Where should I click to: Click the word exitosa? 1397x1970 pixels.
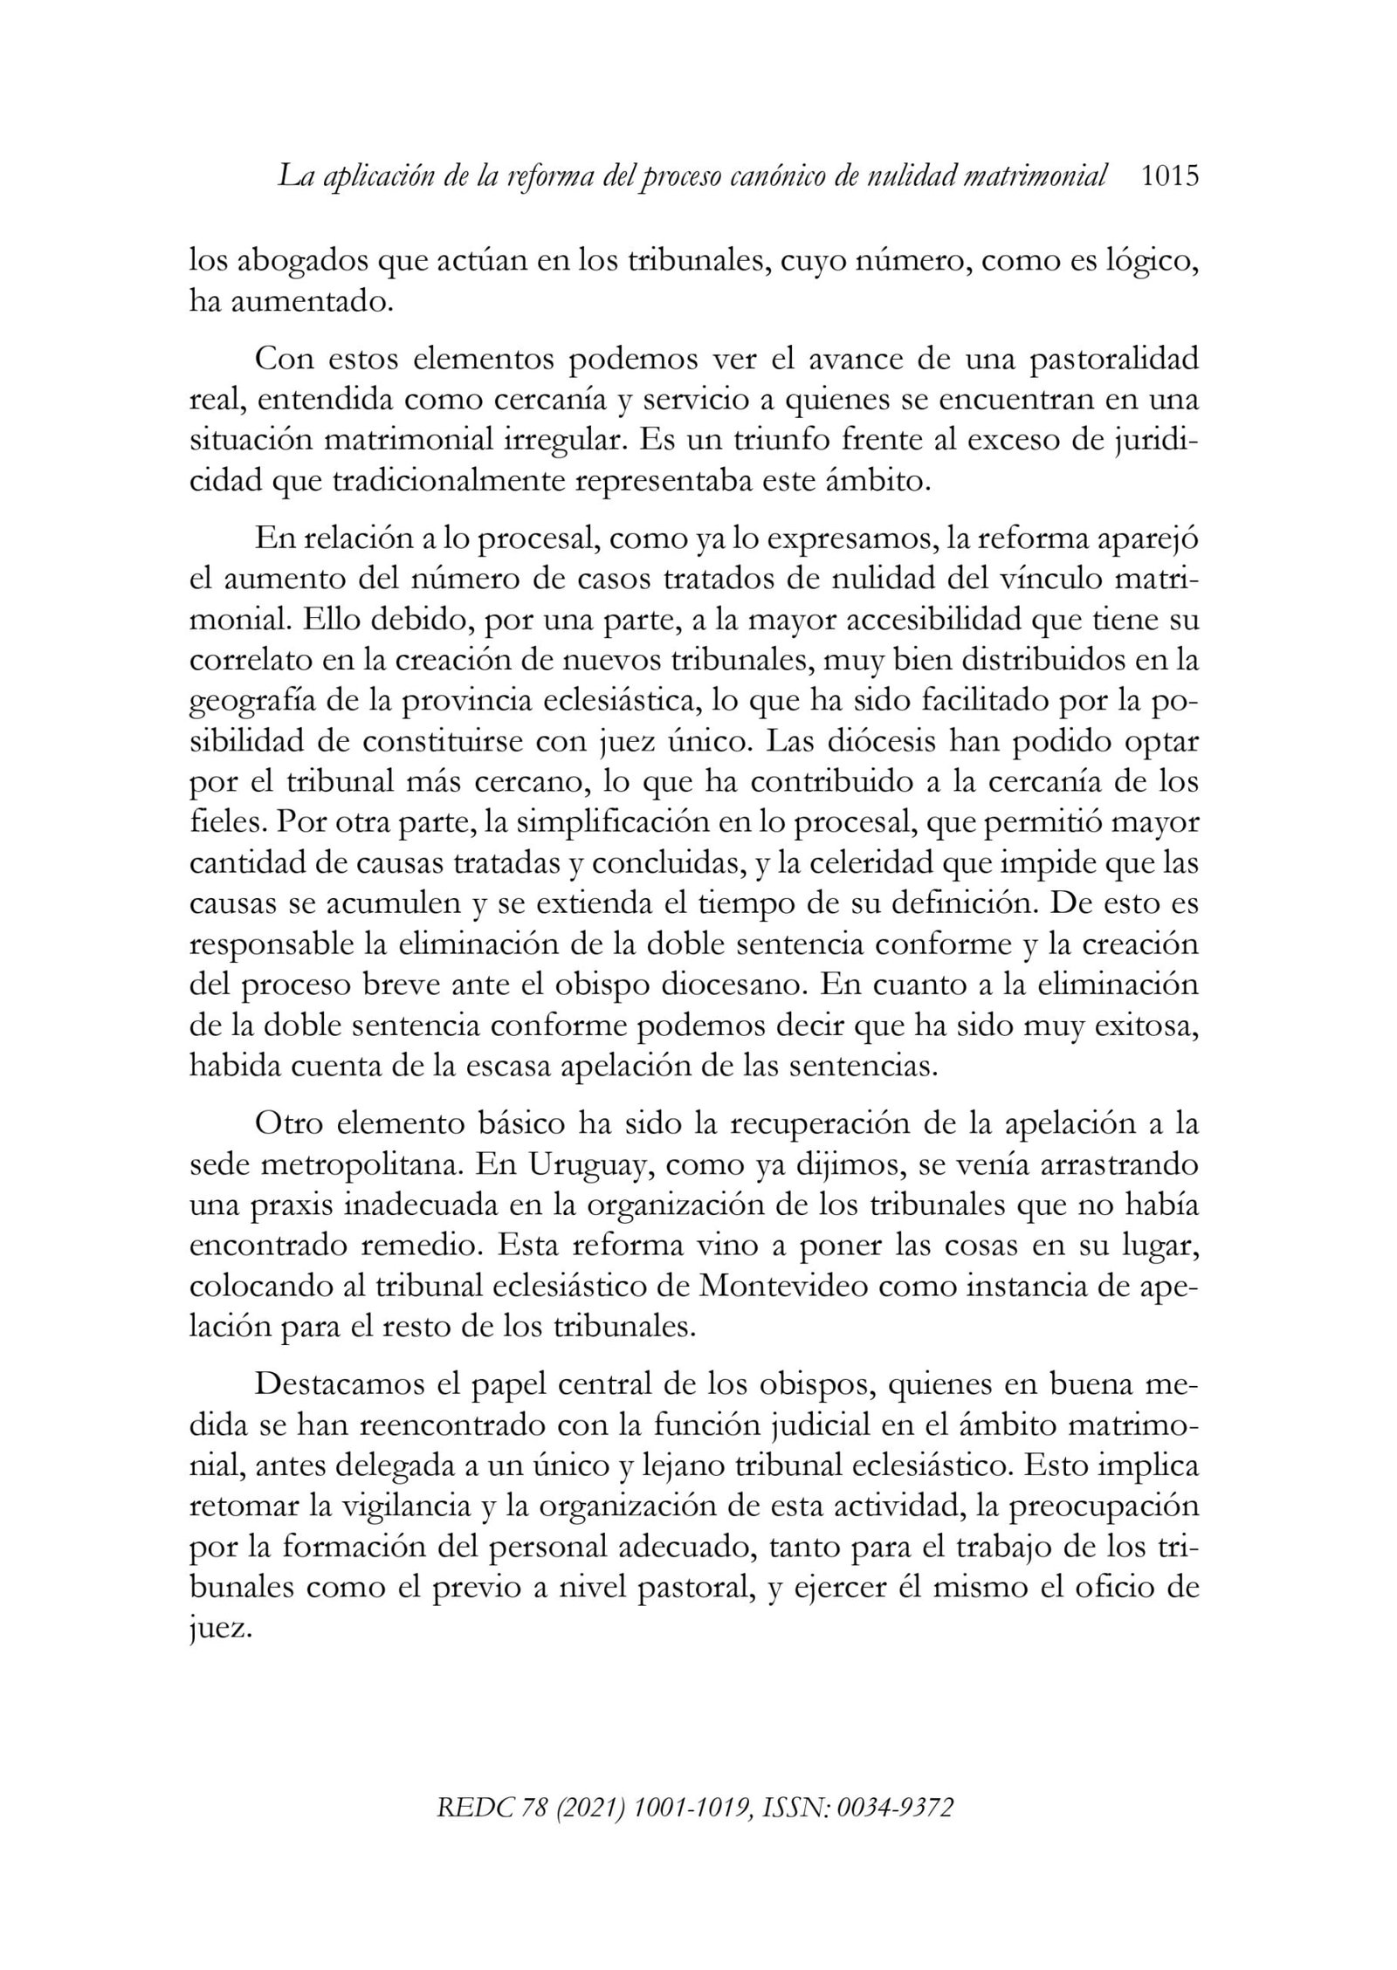(x=1146, y=1026)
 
